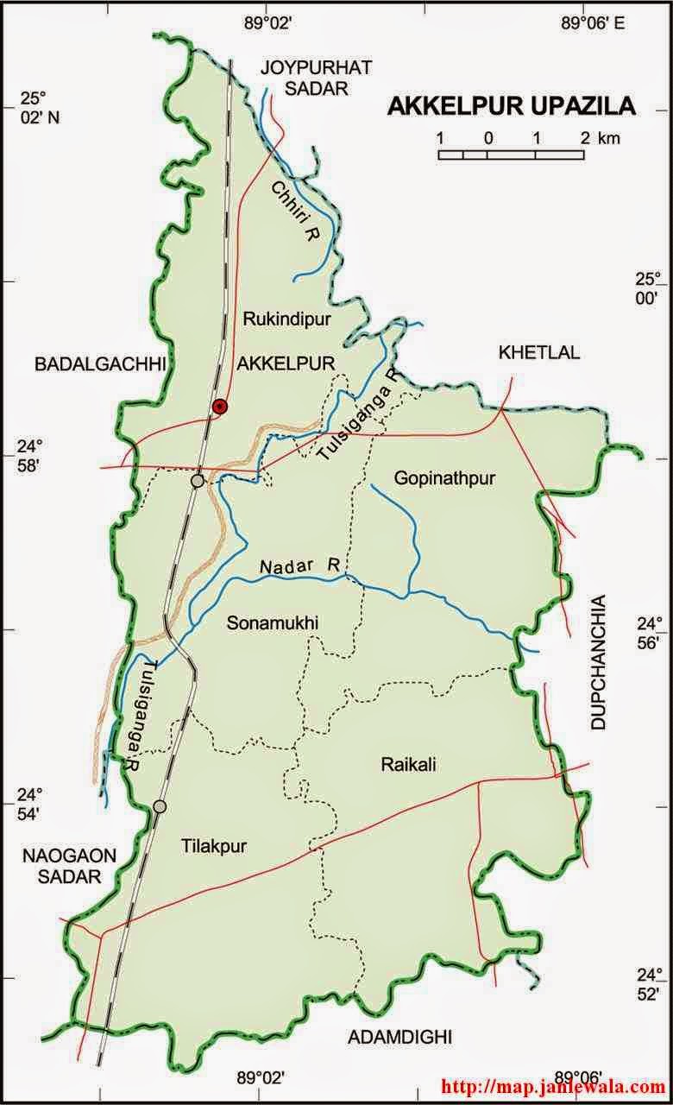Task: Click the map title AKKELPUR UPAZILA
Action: tap(512, 106)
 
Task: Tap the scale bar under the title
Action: tap(512, 155)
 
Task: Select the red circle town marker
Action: tap(220, 407)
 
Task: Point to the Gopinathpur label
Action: tap(444, 477)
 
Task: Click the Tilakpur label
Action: tap(214, 847)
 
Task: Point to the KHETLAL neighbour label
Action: tap(539, 352)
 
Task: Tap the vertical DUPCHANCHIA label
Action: tap(601, 663)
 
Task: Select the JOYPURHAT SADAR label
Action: tap(305, 77)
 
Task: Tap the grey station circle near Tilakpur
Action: tap(160, 806)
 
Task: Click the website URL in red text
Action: tap(554, 1084)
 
